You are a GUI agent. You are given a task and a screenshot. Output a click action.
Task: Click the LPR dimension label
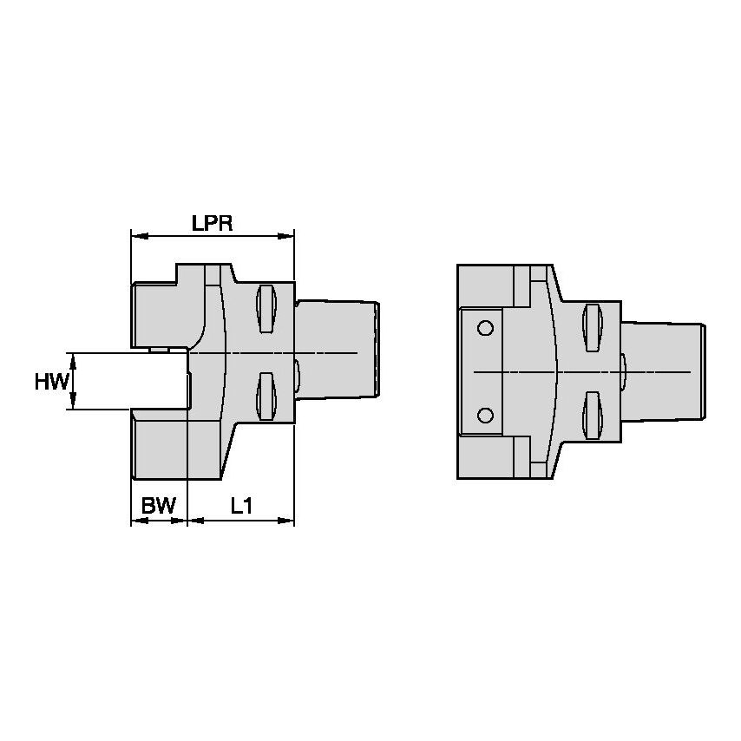point(212,223)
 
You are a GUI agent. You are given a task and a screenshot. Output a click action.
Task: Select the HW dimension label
point(51,381)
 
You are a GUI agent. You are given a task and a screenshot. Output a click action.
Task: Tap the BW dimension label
point(158,506)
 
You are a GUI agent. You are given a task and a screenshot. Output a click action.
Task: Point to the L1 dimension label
point(240,506)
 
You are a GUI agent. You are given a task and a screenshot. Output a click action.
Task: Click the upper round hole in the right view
point(485,329)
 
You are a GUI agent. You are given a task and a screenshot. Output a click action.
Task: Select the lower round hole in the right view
point(485,414)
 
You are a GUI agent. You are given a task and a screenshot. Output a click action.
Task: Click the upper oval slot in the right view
point(593,325)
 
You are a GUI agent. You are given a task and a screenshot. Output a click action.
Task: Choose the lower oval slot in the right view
point(593,415)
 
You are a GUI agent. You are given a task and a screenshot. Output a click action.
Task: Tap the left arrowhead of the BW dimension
point(136,521)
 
